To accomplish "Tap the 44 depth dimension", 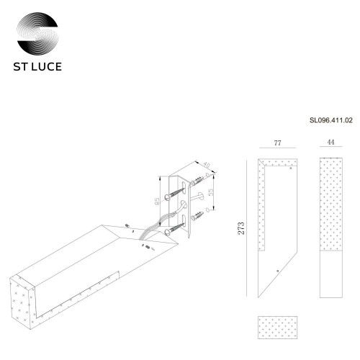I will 330,144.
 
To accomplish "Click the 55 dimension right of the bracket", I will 210,193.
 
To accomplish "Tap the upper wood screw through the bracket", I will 176,190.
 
